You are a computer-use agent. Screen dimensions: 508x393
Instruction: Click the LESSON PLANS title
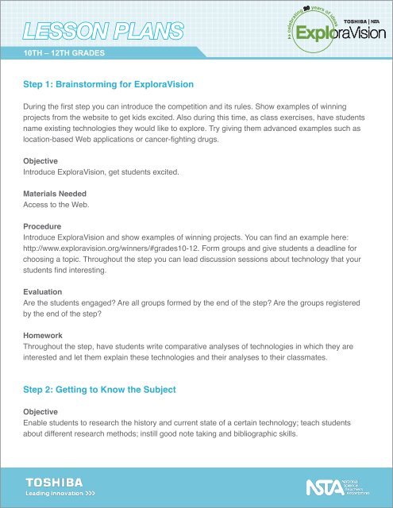point(104,33)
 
